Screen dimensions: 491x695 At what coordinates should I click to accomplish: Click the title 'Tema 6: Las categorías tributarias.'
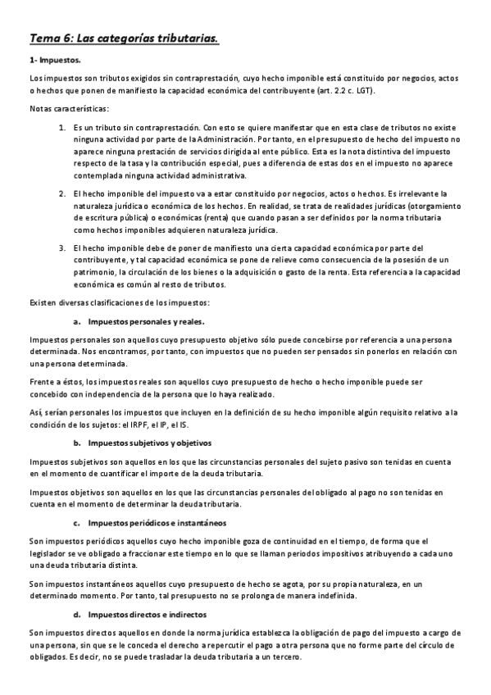124,38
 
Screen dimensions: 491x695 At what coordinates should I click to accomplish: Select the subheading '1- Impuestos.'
55,60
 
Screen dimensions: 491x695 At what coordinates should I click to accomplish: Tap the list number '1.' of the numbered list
63,128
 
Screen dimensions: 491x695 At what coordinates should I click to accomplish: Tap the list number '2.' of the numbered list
63,193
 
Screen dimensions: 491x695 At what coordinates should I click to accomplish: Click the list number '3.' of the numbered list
63,248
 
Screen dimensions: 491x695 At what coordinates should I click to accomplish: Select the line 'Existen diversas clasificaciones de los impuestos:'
119,303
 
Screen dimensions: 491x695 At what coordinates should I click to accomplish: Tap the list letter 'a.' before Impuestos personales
77,321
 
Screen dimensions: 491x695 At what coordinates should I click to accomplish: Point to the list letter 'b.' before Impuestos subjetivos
77,443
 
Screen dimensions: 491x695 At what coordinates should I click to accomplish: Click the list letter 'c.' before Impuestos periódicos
77,522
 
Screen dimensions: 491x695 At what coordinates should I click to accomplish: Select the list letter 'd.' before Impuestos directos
77,614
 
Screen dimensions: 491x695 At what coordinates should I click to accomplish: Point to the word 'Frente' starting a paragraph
42,382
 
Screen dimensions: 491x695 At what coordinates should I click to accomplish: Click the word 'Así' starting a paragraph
34,412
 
